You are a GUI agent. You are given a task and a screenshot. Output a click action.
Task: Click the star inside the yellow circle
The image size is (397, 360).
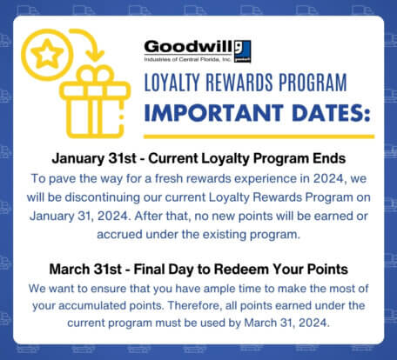point(47,54)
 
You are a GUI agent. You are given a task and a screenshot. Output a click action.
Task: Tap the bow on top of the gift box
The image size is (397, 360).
point(97,74)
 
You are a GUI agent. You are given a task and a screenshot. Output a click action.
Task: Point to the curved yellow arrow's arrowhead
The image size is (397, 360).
point(95,56)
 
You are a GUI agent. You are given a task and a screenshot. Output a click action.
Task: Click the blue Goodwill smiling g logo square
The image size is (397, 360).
point(243,51)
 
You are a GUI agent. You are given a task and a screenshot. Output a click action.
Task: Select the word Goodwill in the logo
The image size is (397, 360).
point(189,47)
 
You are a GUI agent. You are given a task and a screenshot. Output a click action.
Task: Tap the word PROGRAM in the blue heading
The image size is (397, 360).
point(313,82)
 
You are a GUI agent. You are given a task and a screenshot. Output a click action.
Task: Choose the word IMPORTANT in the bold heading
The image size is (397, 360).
point(213,112)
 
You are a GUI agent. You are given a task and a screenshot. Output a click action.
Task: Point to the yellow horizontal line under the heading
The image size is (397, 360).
point(259,137)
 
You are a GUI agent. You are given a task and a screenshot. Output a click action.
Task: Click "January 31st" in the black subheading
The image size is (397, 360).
point(94,158)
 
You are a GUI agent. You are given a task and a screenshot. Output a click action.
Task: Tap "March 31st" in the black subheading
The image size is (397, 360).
point(85,269)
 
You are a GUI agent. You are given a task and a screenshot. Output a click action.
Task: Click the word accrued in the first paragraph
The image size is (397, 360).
point(119,234)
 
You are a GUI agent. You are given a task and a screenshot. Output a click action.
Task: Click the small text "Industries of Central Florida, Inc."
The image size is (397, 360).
point(187,59)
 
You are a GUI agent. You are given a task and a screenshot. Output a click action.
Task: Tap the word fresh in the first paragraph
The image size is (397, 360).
point(169,178)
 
